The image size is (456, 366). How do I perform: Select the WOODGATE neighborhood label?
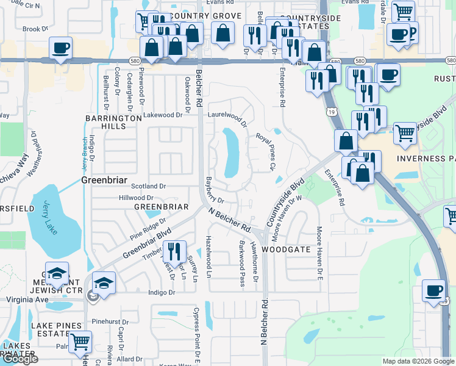coord(286,250)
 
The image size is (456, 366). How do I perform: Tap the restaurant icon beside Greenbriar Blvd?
coord(175,252)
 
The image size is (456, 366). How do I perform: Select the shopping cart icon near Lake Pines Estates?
coord(80,343)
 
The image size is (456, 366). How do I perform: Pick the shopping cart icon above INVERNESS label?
coord(405,134)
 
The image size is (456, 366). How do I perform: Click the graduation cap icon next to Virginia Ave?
coord(104,284)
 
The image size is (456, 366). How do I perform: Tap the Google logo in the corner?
coord(20,359)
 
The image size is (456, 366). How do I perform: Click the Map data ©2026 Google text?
coord(418,361)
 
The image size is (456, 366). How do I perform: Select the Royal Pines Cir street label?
coord(266,152)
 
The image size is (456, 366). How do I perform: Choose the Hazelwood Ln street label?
coord(208,257)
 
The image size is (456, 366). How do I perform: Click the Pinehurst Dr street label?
coord(109,321)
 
